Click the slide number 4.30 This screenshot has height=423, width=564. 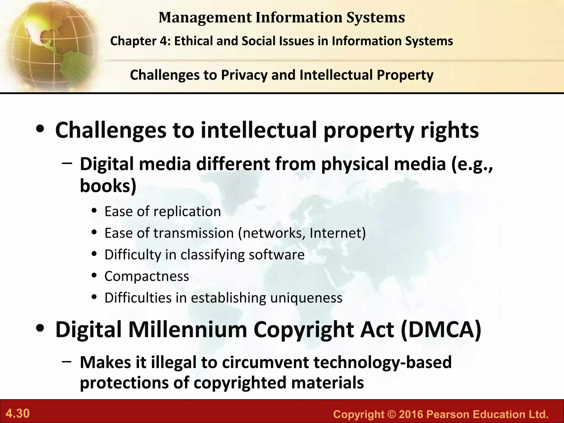[18, 413]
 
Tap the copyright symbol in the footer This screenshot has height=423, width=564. [391, 414]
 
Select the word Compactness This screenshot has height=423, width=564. [147, 276]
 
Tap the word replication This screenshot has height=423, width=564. [187, 212]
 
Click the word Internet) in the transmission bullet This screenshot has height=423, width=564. [338, 233]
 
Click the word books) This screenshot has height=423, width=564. [108, 186]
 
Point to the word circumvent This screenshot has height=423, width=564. [265, 362]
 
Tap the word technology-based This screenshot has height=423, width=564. [383, 362]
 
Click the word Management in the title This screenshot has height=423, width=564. [205, 18]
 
